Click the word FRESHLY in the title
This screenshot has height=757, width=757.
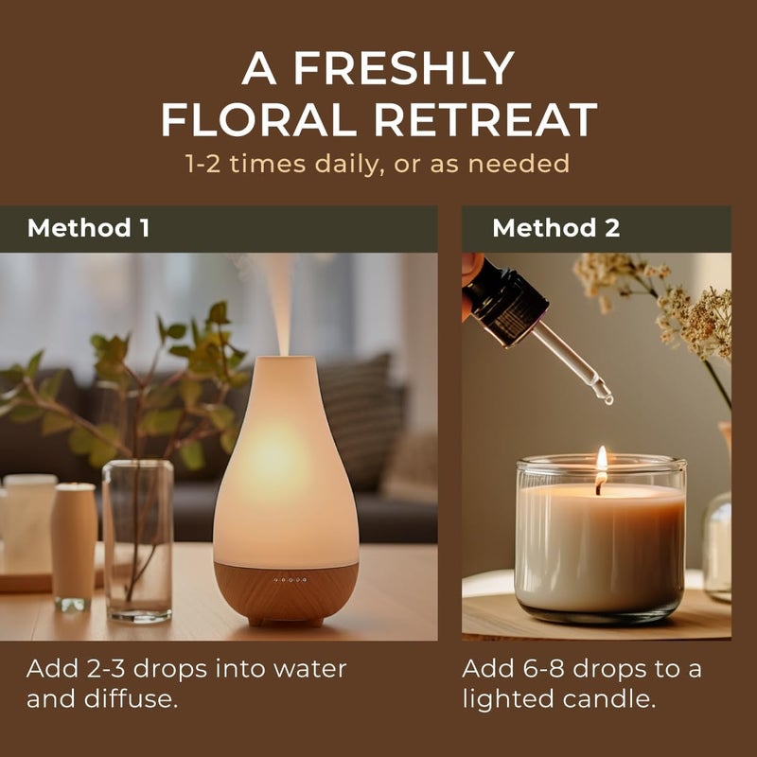click(x=404, y=68)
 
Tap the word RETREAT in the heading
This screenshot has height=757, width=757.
click(x=485, y=120)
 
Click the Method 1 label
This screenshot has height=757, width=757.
click(x=88, y=227)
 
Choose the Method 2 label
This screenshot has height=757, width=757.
click(x=555, y=227)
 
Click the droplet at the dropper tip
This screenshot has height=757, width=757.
click(x=607, y=397)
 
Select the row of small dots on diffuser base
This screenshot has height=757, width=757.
click(x=290, y=579)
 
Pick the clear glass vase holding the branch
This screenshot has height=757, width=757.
click(x=138, y=540)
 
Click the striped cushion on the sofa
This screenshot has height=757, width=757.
click(x=362, y=421)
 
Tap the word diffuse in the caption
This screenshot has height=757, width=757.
click(x=131, y=698)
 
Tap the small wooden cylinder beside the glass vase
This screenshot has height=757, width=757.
click(x=74, y=547)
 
